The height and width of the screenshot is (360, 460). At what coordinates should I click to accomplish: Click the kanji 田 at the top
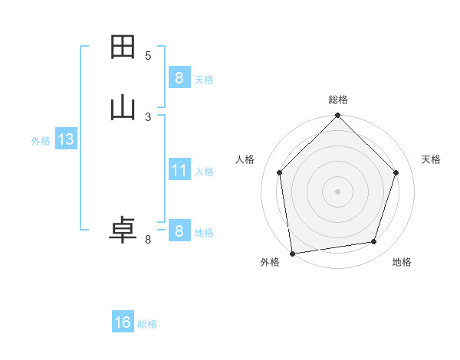tap(123, 47)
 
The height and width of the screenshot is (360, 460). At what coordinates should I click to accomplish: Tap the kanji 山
tap(123, 108)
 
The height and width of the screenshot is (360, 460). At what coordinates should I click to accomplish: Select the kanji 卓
tap(123, 231)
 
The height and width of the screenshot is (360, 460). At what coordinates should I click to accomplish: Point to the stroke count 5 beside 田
tap(148, 55)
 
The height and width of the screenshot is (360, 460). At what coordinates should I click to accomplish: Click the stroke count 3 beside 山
tap(148, 116)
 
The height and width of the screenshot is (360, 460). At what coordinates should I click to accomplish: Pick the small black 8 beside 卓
tap(148, 240)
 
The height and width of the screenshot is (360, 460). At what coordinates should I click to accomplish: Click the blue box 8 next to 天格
tap(179, 78)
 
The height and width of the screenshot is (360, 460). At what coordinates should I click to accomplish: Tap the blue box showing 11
tap(179, 170)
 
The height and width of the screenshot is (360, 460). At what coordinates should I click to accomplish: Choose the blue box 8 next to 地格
tap(179, 231)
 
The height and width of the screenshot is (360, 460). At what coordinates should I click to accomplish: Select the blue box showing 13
tap(65, 139)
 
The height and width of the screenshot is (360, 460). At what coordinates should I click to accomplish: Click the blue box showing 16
tap(123, 322)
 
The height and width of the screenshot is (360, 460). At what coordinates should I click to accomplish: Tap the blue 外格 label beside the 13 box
tap(41, 141)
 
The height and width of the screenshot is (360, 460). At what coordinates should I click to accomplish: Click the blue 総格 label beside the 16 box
tap(147, 324)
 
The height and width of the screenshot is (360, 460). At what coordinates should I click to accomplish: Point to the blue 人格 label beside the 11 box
tap(205, 172)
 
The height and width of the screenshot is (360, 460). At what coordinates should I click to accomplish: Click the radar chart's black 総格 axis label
tap(338, 100)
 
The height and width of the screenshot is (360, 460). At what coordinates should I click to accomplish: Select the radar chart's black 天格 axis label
tap(432, 159)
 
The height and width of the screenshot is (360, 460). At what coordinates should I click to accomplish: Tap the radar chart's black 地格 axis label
tap(402, 263)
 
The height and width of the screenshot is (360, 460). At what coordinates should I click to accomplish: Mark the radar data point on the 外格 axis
tap(292, 253)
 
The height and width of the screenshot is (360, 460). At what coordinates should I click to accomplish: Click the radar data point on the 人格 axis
tap(279, 172)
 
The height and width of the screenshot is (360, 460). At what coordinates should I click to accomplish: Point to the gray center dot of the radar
tap(337, 191)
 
